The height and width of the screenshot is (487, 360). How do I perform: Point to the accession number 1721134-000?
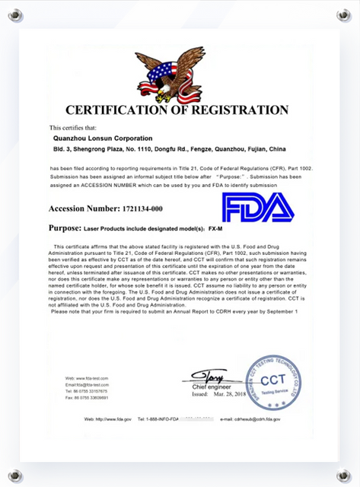137,208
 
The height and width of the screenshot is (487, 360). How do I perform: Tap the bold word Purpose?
65,228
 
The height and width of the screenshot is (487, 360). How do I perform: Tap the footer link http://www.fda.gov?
114,419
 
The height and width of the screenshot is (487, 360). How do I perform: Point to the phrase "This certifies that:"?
73,127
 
